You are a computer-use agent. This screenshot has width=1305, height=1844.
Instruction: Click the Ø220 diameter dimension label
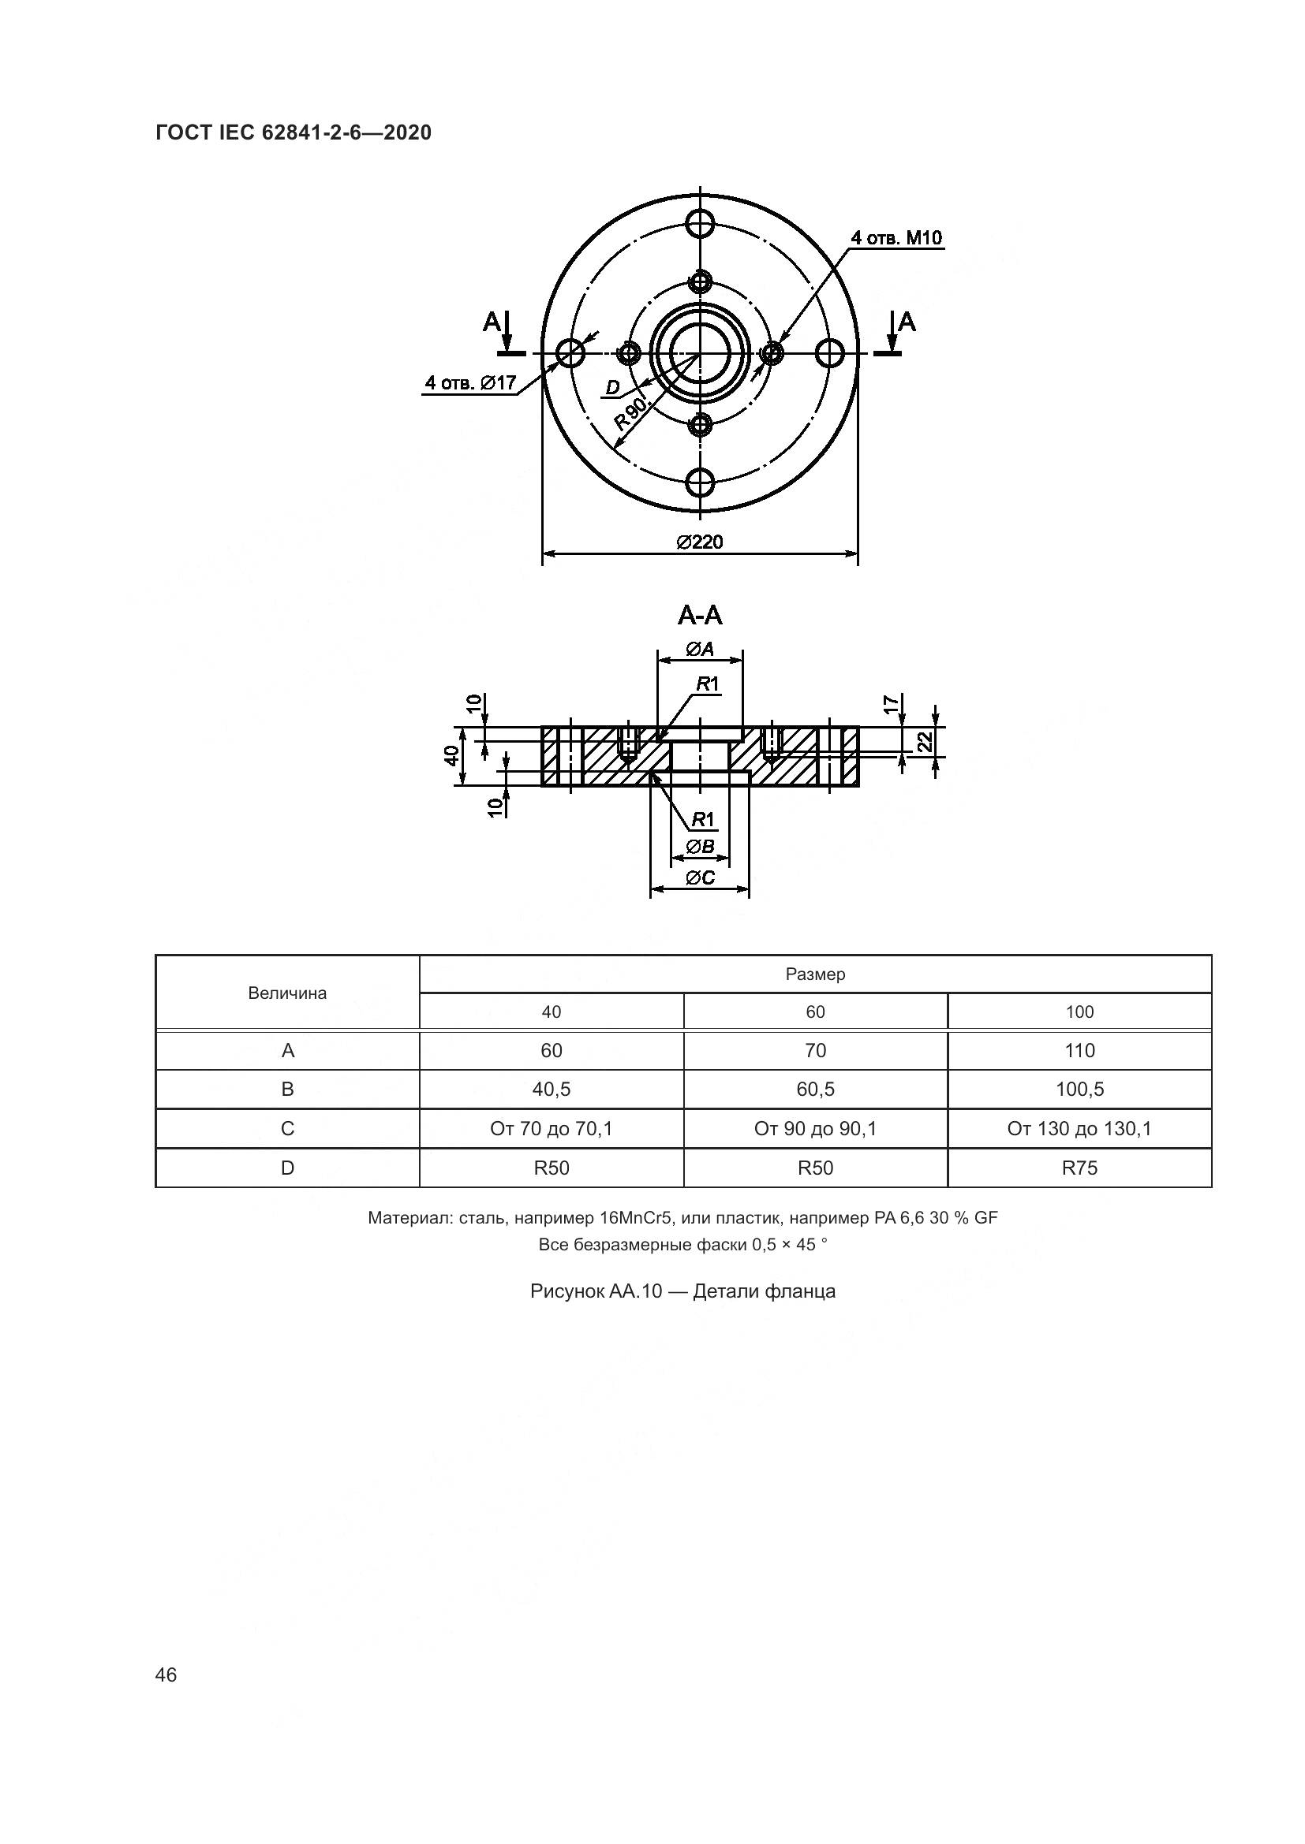point(699,542)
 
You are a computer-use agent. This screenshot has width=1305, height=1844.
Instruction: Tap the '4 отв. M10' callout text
point(897,238)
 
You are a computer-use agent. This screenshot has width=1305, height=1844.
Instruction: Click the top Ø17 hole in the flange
point(701,221)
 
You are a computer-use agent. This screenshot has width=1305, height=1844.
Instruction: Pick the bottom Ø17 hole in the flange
point(701,482)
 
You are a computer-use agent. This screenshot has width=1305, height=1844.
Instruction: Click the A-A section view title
point(700,615)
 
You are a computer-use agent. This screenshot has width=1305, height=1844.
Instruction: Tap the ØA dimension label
point(700,648)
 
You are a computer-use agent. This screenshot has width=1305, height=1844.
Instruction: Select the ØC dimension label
point(700,877)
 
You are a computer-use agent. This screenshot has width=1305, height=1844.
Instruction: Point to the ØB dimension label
point(700,847)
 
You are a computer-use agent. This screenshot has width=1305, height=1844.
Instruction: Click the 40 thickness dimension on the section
point(452,755)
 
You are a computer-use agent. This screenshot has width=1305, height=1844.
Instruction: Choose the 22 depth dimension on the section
point(925,740)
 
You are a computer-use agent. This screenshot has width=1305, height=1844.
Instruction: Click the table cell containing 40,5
point(552,1089)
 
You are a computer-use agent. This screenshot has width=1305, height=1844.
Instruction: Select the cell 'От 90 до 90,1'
point(815,1128)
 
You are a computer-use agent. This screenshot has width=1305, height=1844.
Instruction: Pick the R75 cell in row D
point(1079,1168)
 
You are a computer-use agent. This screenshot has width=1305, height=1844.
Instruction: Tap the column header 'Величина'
point(288,993)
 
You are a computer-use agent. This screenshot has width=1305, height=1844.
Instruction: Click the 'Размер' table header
point(815,974)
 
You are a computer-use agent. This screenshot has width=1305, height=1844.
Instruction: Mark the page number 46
point(166,1675)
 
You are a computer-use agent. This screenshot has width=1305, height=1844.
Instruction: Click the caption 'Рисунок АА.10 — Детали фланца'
point(682,1291)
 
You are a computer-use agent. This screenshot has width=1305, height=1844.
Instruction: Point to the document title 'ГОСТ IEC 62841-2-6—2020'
point(294,132)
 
